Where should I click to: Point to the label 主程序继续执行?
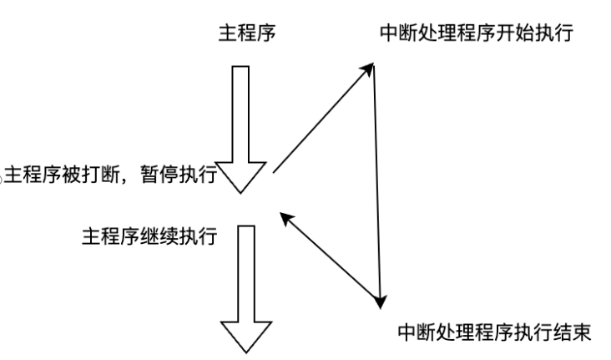pyautogui.click(x=149, y=239)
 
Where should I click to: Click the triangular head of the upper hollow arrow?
pyautogui.click(x=240, y=175)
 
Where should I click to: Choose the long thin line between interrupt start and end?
pyautogui.click(x=379, y=184)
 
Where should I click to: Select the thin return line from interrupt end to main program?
pyautogui.click(x=334, y=259)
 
